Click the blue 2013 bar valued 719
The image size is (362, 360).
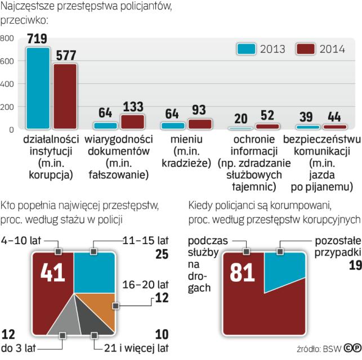[38, 88]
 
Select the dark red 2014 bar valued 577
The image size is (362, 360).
[65, 96]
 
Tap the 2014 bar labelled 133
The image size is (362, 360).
[132, 121]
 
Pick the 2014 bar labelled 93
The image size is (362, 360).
[200, 124]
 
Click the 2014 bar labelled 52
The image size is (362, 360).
[267, 127]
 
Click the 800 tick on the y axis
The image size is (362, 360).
[7, 38]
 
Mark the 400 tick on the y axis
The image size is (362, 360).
[7, 84]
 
